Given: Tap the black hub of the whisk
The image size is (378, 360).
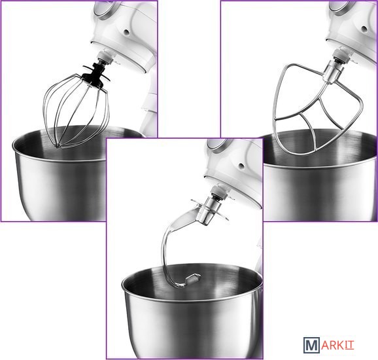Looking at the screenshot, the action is [x=96, y=74].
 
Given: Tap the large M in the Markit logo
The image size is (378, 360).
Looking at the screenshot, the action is [x=312, y=346].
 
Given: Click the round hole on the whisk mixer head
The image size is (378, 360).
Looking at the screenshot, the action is [x=126, y=32].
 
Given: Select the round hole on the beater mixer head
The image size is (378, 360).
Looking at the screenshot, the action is [x=364, y=29].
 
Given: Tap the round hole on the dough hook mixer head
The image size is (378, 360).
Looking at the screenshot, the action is [x=241, y=166].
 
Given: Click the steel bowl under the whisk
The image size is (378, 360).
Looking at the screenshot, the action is [x=60, y=173].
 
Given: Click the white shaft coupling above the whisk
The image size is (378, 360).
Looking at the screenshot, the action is [x=105, y=57].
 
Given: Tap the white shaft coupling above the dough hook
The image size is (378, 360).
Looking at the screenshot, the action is [x=219, y=191].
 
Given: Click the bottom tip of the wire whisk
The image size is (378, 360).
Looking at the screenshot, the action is [x=58, y=146].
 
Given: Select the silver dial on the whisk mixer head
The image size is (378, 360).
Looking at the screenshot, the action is [x=104, y=8].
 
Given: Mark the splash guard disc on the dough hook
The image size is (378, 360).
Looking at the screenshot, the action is [x=209, y=209].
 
